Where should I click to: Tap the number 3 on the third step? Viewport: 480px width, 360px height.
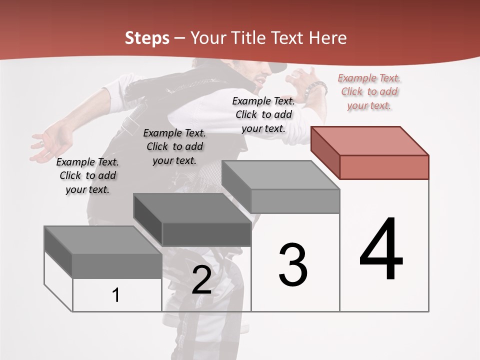[292, 265]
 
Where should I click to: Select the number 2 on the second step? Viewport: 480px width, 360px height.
[201, 280]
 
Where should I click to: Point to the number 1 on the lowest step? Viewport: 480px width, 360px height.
[116, 295]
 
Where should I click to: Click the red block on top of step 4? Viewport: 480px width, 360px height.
[370, 152]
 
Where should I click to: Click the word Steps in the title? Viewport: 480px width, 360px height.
[147, 38]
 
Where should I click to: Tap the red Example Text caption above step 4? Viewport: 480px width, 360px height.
[369, 91]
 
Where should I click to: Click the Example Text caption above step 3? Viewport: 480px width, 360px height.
[263, 114]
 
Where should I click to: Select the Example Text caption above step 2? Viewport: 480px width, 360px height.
[174, 146]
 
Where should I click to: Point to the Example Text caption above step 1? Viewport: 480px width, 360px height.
[87, 175]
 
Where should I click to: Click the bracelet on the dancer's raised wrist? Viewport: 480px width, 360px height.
[316, 88]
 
